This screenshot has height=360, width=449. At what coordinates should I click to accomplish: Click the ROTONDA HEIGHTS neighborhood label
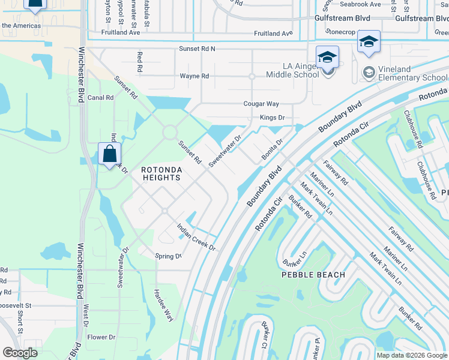coord(161,174)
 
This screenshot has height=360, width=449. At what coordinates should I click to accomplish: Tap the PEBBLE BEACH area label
coord(314,275)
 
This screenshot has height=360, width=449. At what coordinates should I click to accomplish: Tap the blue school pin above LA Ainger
coord(328,58)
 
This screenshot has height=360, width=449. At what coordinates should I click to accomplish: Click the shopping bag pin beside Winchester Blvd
coord(110,154)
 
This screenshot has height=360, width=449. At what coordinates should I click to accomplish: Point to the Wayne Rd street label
coord(194,76)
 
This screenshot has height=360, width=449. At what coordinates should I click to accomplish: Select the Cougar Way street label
coord(261,104)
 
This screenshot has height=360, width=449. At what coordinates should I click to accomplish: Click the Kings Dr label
coord(272,118)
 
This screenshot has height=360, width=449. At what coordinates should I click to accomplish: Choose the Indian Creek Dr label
coord(195,237)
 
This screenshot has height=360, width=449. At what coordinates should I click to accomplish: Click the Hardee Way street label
coord(163,305)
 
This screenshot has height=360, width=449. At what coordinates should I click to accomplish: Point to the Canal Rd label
coord(100,97)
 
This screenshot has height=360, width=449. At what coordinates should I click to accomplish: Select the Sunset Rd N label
coord(196,48)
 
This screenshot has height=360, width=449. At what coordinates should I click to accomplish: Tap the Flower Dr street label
coord(101,337)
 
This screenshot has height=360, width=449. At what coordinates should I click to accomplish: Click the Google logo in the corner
coord(20,353)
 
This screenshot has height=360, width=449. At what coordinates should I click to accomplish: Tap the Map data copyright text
coord(412,355)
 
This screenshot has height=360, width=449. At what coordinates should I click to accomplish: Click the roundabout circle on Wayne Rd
coord(252,76)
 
